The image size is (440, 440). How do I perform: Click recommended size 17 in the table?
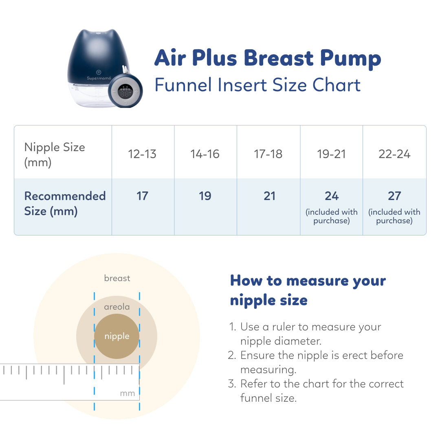click(142, 196)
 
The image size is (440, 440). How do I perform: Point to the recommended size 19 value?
click(205, 196)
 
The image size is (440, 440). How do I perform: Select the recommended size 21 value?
click(269, 196)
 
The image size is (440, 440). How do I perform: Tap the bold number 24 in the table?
click(332, 196)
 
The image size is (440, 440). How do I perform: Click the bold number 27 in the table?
click(394, 196)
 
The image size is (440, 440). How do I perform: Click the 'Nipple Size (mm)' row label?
click(55, 155)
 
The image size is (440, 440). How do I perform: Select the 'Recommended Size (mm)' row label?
click(65, 203)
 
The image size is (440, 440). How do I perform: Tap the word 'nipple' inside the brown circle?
click(117, 336)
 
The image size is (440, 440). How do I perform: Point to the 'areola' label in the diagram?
click(117, 307)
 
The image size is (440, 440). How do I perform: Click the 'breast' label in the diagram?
click(117, 278)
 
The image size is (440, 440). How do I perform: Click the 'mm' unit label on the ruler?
click(128, 394)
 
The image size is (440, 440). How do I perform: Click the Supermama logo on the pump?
click(99, 78)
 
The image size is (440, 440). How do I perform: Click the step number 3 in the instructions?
click(231, 384)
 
